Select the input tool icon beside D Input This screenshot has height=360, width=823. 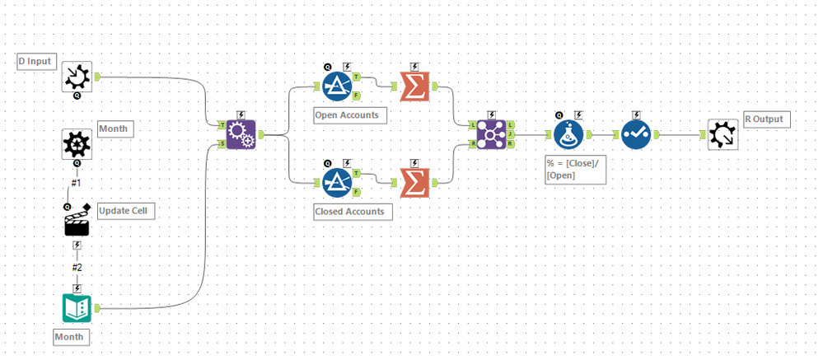tap(77, 77)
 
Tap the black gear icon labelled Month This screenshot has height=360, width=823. tap(77, 144)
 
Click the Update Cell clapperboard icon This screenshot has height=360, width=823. tap(77, 221)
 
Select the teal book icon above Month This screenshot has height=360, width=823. tap(77, 307)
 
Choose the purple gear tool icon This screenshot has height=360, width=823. tap(240, 133)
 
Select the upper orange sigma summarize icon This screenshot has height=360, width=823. tap(414, 85)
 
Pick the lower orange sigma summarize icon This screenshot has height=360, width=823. tap(414, 182)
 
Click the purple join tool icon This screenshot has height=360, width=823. tap(491, 133)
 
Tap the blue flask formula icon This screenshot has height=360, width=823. tap(568, 133)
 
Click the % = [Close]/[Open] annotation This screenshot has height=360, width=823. tap(574, 170)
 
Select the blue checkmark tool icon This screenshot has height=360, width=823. tap(635, 133)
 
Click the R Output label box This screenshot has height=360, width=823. tap(767, 119)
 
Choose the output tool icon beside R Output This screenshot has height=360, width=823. tap(722, 133)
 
